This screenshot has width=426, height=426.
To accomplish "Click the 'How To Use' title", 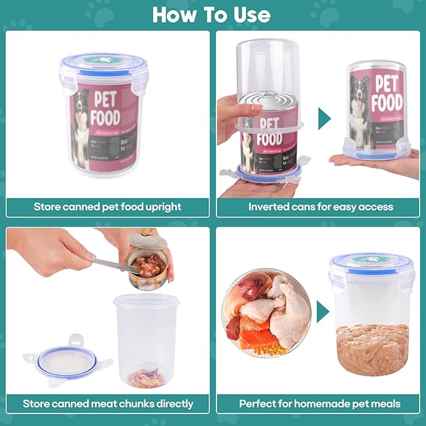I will (x=212, y=14).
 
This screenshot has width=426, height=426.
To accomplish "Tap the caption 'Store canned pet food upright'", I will (x=107, y=206).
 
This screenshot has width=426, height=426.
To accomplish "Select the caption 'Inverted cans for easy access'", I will (x=320, y=206).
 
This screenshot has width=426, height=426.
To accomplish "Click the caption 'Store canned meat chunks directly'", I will (x=107, y=403).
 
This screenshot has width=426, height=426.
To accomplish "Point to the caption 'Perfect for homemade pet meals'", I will (x=320, y=403).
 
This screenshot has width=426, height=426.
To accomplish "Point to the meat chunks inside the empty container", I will (x=145, y=378).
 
